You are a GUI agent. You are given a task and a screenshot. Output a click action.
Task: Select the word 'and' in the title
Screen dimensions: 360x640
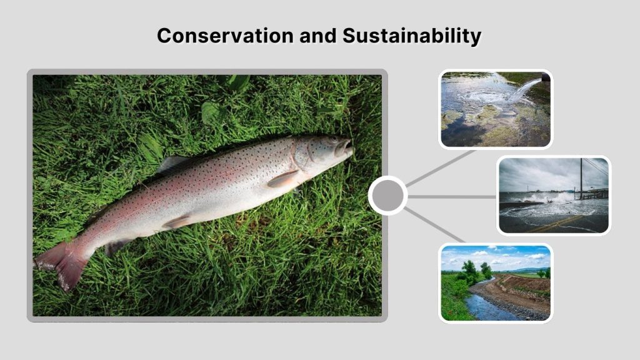[317, 36]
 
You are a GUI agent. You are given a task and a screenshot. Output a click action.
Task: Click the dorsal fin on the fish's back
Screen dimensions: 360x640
[171, 163]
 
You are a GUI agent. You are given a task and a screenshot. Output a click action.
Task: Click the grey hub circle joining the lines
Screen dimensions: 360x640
[387, 196]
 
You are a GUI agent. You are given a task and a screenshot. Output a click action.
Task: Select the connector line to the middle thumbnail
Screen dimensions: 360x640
[452, 196]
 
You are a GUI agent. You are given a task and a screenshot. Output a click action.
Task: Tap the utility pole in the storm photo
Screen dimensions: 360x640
[581, 178]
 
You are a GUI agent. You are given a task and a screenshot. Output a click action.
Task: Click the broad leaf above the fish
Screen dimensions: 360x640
[212, 112]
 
